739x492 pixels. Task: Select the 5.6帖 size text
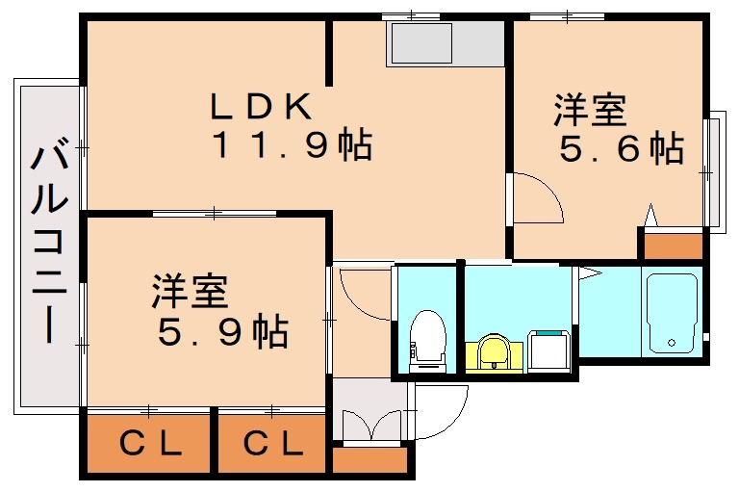click(x=622, y=149)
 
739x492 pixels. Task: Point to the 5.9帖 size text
click(x=222, y=332)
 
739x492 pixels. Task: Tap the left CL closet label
click(x=150, y=444)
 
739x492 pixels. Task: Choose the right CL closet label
click(x=272, y=444)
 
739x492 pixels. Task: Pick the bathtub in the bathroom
click(x=673, y=314)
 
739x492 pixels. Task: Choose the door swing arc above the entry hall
click(x=362, y=295)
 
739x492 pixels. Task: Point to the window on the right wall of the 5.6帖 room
click(x=713, y=172)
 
